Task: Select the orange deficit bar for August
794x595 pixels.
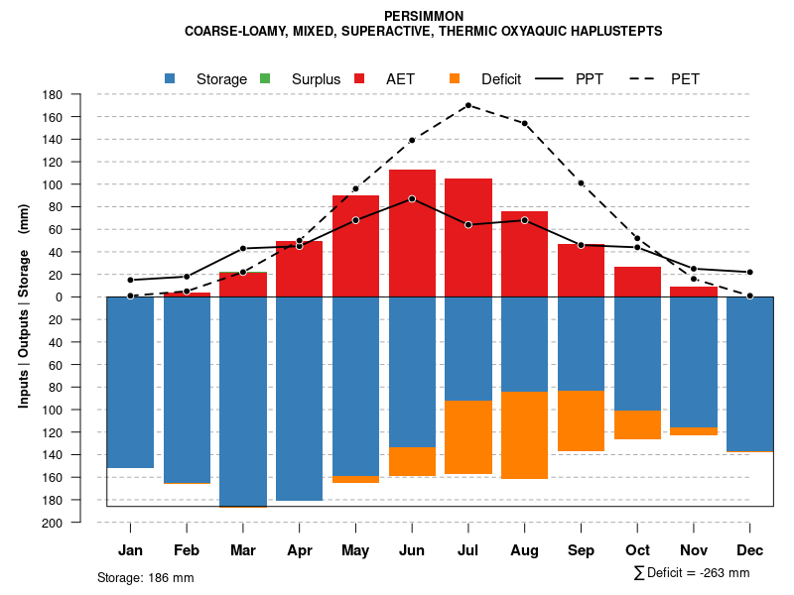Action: click(x=524, y=435)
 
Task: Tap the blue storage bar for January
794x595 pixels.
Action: click(x=130, y=382)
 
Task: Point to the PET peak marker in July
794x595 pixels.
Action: click(x=467, y=105)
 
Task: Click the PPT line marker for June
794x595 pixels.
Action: click(x=412, y=198)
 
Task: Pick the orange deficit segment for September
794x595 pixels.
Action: click(x=581, y=420)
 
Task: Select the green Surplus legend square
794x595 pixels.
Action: click(x=264, y=78)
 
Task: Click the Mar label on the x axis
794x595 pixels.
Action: click(x=243, y=550)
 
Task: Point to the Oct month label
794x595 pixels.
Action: click(x=637, y=550)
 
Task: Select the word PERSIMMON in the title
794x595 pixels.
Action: click(x=423, y=17)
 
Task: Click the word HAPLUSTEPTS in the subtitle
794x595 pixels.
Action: click(x=615, y=32)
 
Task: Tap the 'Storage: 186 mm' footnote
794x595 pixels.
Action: click(x=145, y=577)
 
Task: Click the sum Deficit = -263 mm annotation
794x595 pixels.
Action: click(x=692, y=572)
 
